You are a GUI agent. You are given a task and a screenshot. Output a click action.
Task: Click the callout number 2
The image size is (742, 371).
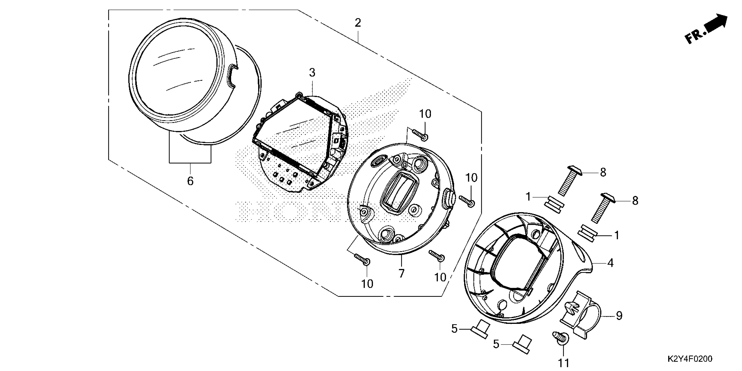(357, 23)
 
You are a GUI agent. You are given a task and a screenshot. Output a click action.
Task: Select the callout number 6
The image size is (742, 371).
(190, 181)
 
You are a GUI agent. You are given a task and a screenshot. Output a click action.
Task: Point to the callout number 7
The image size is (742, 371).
(402, 273)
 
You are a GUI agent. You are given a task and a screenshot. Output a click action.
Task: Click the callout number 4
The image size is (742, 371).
(610, 263)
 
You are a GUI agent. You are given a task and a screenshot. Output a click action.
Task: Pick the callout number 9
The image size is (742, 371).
(619, 316)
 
